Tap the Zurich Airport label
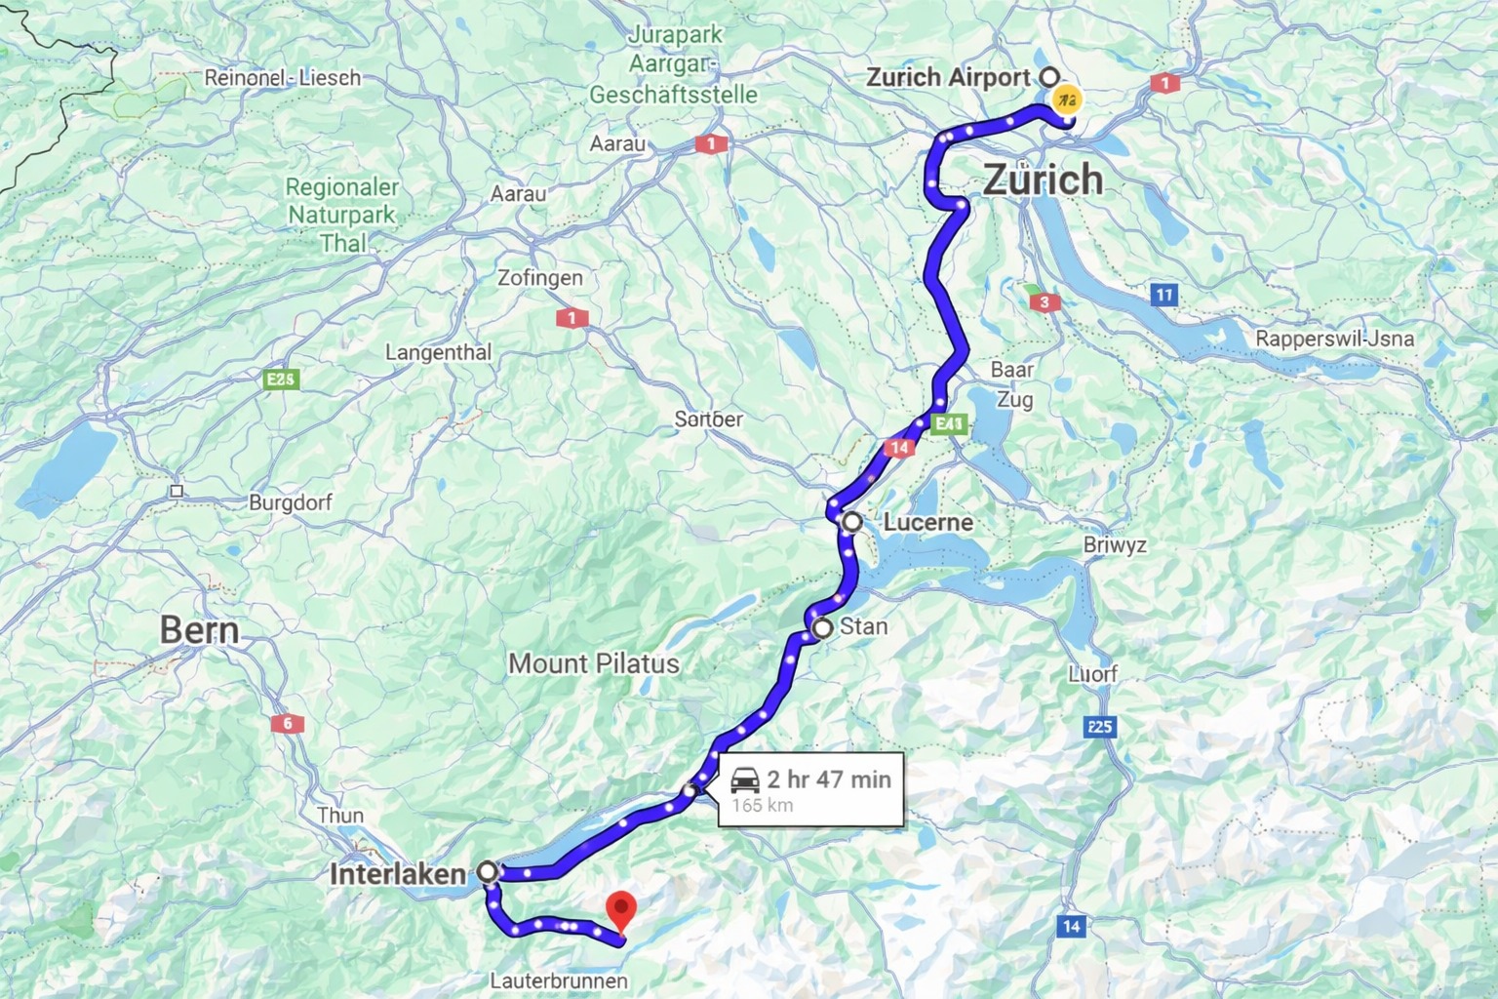coord(948,77)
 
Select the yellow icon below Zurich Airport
coord(1067,100)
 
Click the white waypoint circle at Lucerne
coord(852,522)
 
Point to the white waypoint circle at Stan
coord(822,628)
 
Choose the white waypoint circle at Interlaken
coord(487,871)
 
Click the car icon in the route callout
coord(745,779)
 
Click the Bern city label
coord(200,631)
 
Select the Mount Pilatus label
coord(594,664)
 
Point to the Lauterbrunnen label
coord(559,980)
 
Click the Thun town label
coord(340,816)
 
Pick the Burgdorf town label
coord(291,503)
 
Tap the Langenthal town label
coord(439,352)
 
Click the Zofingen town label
coord(540,278)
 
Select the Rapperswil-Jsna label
coord(1334,339)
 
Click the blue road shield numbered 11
coord(1163,295)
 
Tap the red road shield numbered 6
coord(288,724)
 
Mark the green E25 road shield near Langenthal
coord(281,380)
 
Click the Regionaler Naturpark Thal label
coord(342,215)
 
